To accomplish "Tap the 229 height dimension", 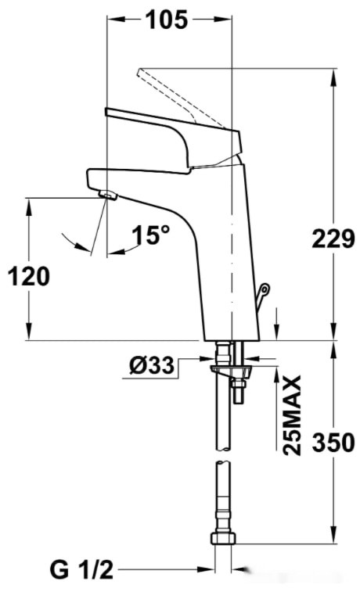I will point(333,240).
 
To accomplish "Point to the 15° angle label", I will point(150,235).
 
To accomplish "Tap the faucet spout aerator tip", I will point(106,193).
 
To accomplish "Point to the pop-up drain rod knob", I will point(264,292).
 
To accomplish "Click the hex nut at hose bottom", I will point(222,540).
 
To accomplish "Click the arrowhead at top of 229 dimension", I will point(333,75).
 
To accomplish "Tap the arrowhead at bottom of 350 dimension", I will point(333,535).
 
